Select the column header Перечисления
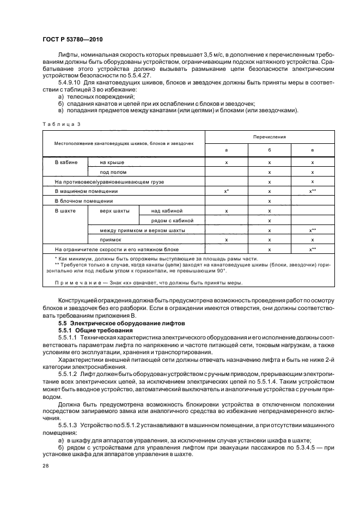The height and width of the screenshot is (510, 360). pos(269,137)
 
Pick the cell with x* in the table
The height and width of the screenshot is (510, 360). pos(226,191)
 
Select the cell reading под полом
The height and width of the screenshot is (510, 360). pos(110,172)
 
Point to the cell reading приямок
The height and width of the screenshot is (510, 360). pos(111,239)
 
